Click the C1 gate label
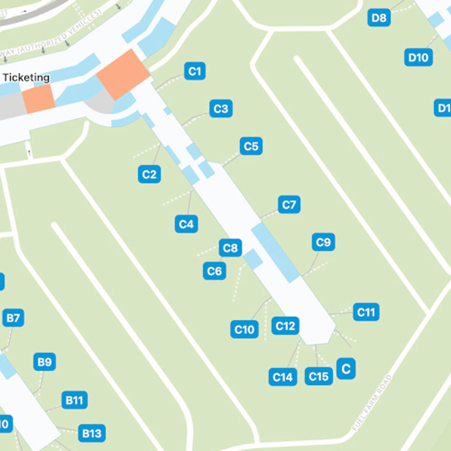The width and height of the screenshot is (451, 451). coord(195,71)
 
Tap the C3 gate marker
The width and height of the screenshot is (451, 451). coord(221,109)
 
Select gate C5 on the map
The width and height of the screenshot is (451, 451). coord(251,146)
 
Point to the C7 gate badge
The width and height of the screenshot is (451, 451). coord(289,204)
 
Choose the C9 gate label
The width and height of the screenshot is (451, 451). coord(323,242)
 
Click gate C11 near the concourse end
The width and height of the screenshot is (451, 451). coord(366,312)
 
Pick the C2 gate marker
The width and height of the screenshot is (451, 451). coord(149,174)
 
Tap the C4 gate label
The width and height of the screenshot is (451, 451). coord(186,224)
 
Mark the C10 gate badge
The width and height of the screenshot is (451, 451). coord(244,330)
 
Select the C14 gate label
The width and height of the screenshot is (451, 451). coord(283,377)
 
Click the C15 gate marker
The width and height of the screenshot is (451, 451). coord(319,377)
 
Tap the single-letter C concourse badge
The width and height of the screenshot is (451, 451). coord(346,369)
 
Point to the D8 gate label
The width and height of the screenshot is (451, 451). coord(379,18)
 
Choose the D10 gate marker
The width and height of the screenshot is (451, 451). coord(418,58)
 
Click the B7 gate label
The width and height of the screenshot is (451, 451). coord(13,318)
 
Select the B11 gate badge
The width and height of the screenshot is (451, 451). coord(74,400)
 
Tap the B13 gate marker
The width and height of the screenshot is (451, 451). coord(92,433)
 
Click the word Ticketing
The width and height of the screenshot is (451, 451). coord(26,77)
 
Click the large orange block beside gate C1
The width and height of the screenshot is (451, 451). coord(123,74)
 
